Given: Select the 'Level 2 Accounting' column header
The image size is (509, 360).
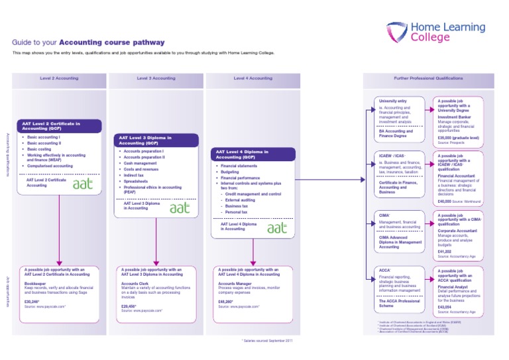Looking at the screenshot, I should [59, 78].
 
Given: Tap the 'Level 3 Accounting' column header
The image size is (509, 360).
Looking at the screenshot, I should [156, 78].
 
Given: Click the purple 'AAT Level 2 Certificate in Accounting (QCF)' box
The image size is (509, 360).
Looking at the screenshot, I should [60, 126].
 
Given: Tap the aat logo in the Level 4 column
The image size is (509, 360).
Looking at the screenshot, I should [276, 227].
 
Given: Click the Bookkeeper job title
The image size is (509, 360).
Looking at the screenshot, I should [34, 282].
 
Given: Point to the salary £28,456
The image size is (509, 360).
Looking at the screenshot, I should [129, 306].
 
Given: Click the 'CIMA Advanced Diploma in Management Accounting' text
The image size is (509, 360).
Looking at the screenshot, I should [399, 241].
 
